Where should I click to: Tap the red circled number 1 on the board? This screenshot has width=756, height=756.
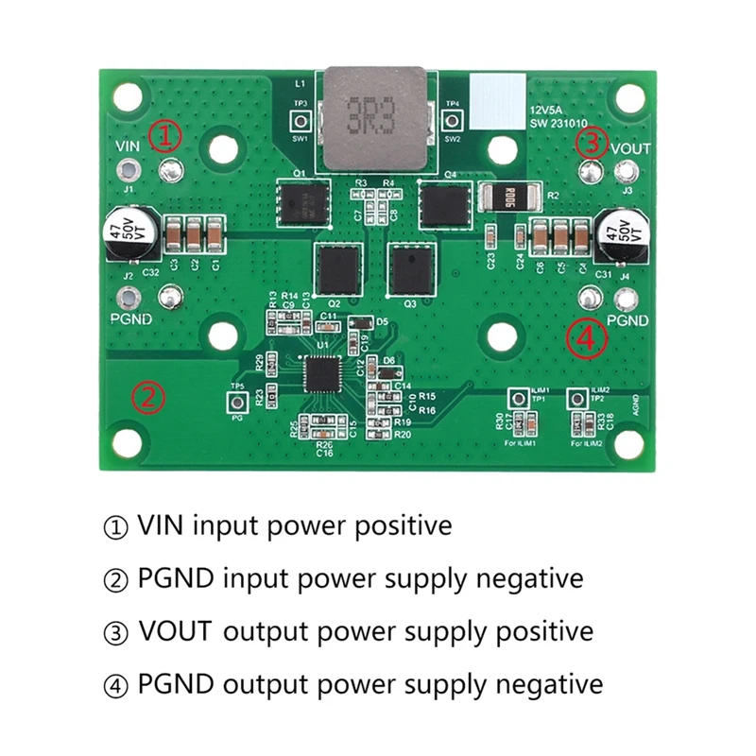(x=165, y=137)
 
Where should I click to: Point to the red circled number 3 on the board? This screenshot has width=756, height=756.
(x=592, y=144)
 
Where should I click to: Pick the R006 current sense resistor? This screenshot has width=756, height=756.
(x=510, y=198)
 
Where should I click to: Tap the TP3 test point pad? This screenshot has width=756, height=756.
(x=301, y=121)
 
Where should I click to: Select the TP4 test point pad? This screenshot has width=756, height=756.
(x=453, y=121)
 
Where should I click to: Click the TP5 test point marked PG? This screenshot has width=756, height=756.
(x=237, y=404)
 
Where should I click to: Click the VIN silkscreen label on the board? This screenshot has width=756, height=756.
(x=128, y=146)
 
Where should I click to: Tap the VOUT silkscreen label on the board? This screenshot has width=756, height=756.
(x=630, y=148)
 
